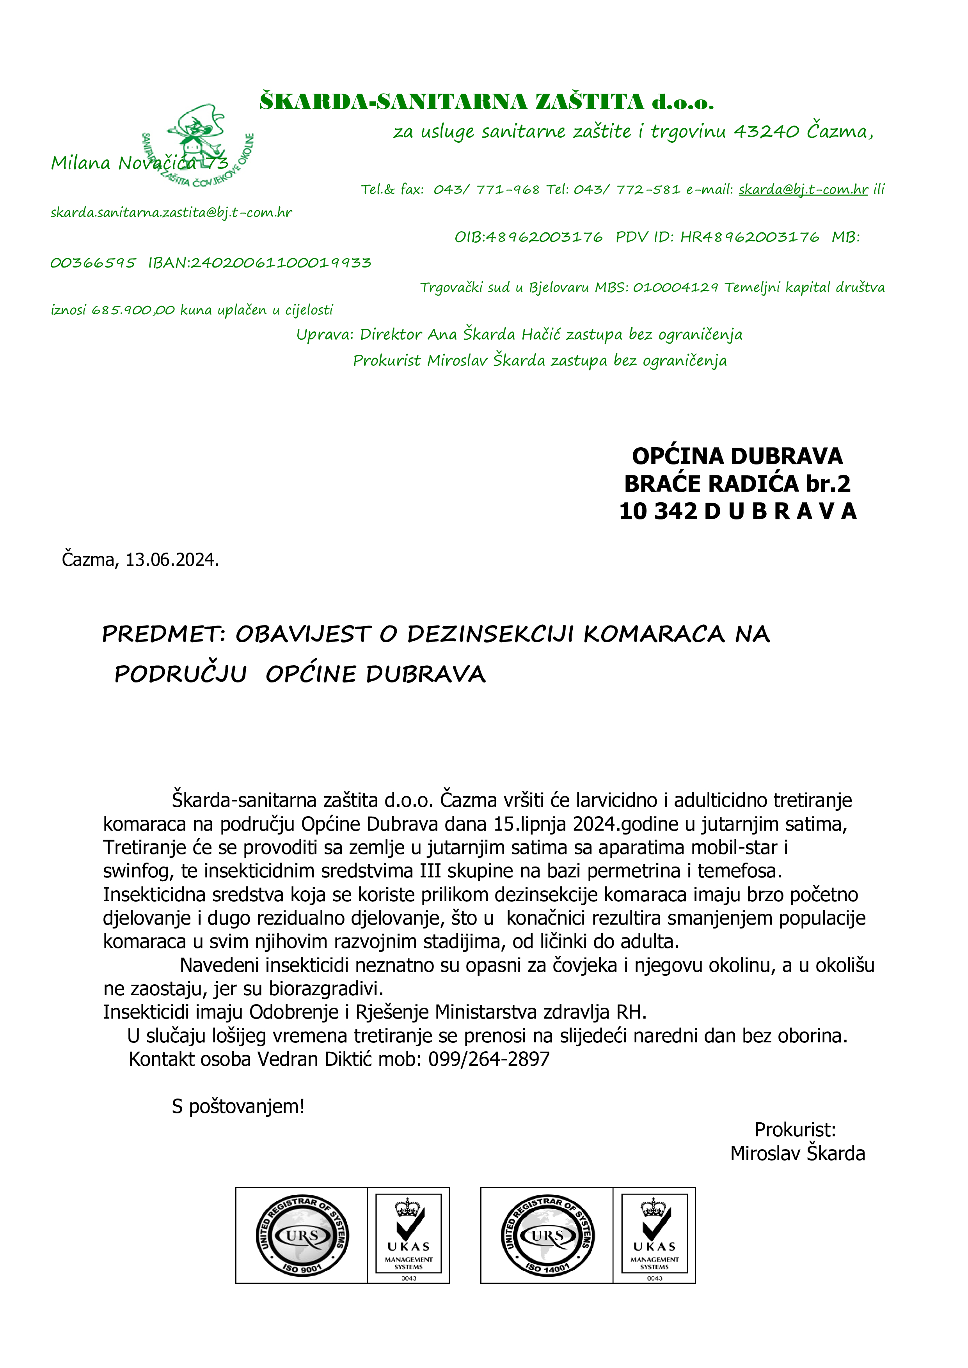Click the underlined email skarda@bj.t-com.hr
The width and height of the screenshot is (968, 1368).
point(803,190)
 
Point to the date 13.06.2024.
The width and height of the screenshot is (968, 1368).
point(172,560)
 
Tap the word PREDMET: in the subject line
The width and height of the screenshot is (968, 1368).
point(163,634)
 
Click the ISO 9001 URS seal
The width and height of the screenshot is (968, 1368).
point(302,1235)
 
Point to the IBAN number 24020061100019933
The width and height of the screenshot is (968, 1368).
point(280,263)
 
